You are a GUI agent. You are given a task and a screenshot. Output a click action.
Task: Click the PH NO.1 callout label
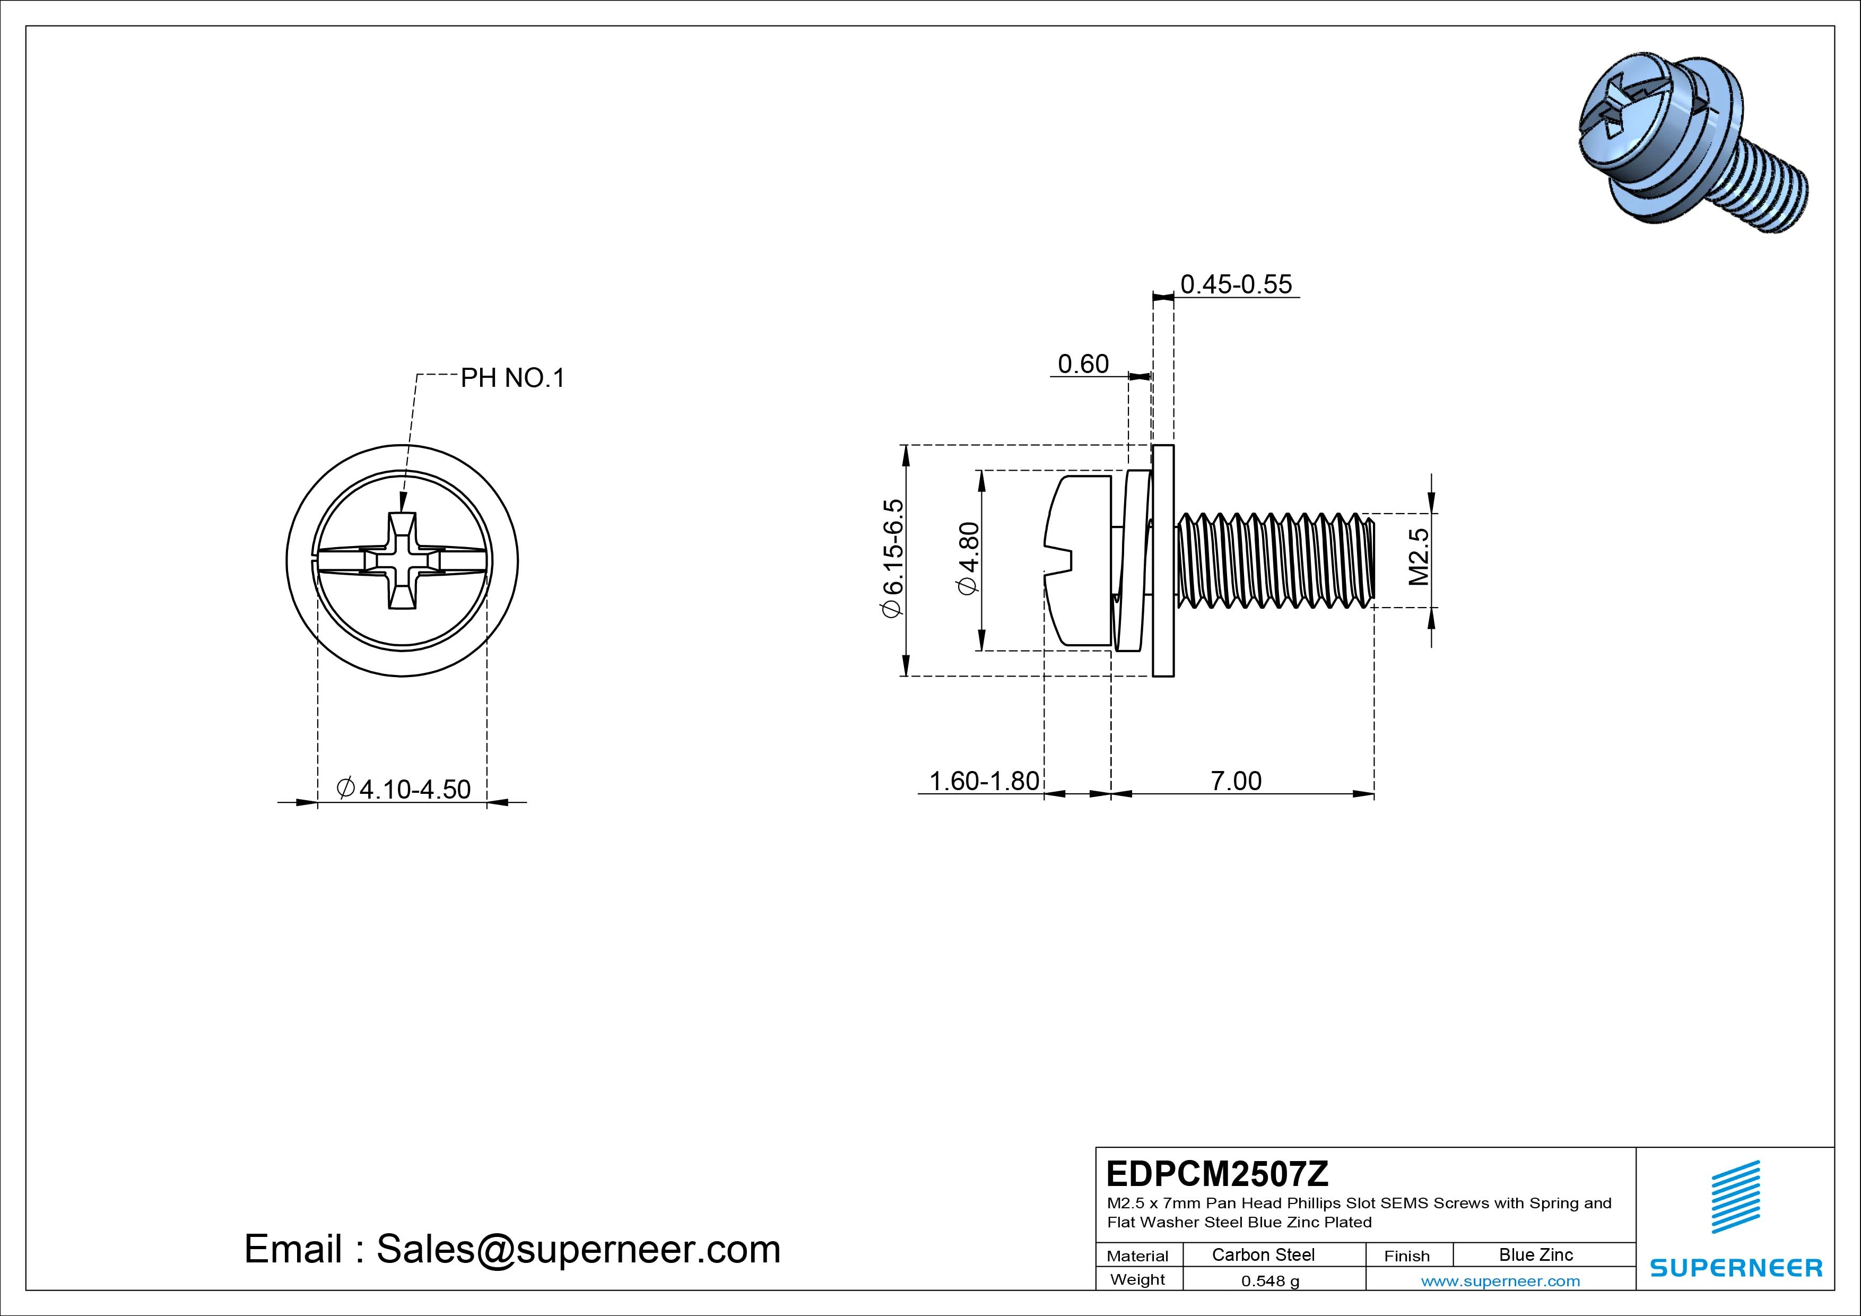pyautogui.click(x=512, y=378)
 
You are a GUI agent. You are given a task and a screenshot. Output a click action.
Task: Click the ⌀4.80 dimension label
pyautogui.click(x=969, y=559)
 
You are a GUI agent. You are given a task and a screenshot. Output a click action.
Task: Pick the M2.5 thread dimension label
pyautogui.click(x=1419, y=557)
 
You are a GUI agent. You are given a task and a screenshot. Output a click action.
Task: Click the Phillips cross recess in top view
pyautogui.click(x=402, y=561)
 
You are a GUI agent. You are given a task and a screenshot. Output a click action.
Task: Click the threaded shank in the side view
pyautogui.click(x=1276, y=560)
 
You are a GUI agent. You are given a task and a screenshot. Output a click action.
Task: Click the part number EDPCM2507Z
pyautogui.click(x=1216, y=1173)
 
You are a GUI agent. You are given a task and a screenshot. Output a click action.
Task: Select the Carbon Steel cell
pyautogui.click(x=1263, y=1254)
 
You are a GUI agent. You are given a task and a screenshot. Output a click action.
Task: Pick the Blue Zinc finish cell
pyautogui.click(x=1535, y=1254)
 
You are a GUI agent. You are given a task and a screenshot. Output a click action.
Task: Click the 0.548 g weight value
pyautogui.click(x=1270, y=1281)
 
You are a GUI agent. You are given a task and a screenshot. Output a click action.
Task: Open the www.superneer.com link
pyautogui.click(x=1500, y=1281)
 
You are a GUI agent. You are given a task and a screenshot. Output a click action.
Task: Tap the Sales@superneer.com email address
pyautogui.click(x=577, y=1250)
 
